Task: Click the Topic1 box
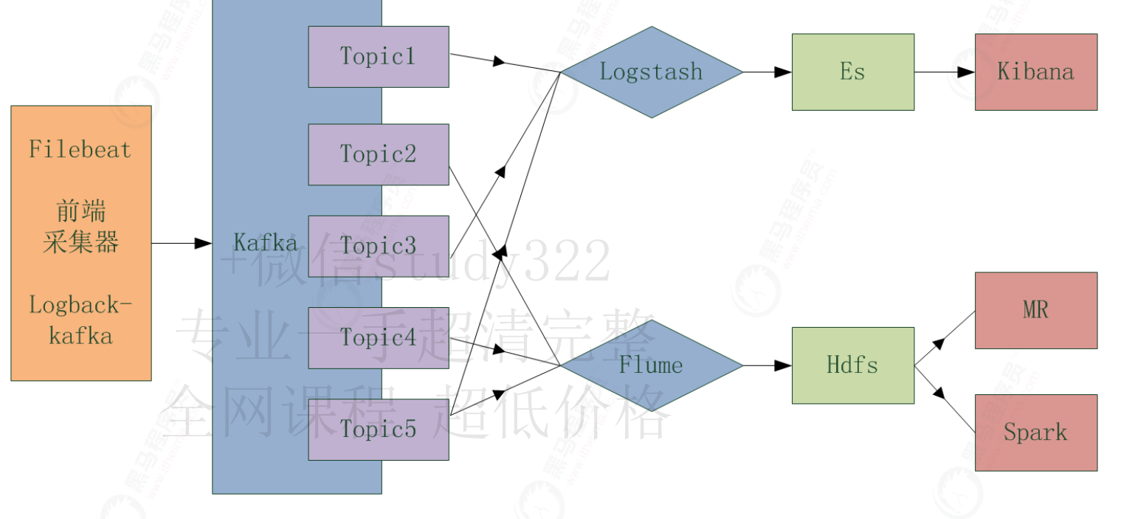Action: pos(378,57)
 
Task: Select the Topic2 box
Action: pos(378,154)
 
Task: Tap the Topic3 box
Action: pos(378,246)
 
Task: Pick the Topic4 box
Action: pos(378,338)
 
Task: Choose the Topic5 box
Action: pos(378,430)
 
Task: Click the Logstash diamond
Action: pos(651,72)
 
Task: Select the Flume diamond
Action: pos(651,365)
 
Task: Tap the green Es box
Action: pos(852,72)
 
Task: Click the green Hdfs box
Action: pos(852,365)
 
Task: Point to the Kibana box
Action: pos(1035,72)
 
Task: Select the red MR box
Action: pos(1035,310)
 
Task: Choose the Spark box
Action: pos(1035,433)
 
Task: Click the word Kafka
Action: pos(266,243)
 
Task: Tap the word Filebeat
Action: pos(80,150)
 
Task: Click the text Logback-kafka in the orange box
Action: pos(80,320)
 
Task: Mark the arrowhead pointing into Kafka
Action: pos(204,243)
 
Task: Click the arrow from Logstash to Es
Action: pos(767,72)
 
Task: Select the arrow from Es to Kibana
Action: pos(945,72)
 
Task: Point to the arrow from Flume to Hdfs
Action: pos(767,365)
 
